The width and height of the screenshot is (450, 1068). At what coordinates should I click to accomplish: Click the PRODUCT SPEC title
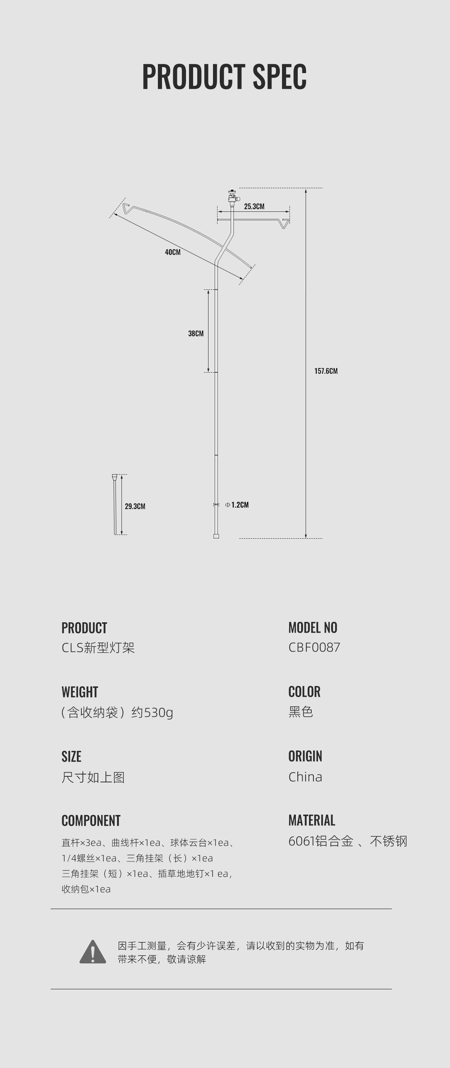(224, 77)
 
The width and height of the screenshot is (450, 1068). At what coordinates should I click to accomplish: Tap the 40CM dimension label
(172, 252)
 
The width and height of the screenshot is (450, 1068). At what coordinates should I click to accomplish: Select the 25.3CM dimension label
(254, 207)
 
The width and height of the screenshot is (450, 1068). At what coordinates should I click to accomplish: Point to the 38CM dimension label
(196, 333)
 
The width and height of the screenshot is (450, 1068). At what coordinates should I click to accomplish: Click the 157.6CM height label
(325, 371)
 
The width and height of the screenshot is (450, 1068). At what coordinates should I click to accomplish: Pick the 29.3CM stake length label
(135, 506)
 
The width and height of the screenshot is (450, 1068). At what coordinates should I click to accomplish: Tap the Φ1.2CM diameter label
(237, 505)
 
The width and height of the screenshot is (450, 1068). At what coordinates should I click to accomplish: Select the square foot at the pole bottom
(216, 536)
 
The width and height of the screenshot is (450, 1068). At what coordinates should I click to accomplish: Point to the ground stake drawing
(115, 504)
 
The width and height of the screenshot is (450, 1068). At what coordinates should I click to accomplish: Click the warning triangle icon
(93, 952)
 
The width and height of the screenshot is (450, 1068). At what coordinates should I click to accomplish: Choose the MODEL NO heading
(313, 628)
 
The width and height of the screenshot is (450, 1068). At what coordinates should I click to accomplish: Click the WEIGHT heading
(79, 692)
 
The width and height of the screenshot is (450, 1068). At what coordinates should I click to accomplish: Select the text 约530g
(152, 712)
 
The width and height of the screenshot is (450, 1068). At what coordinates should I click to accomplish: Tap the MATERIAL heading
(312, 820)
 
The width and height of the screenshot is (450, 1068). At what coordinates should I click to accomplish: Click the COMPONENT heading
(91, 821)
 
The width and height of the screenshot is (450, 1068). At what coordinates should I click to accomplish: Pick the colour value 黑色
(300, 712)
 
